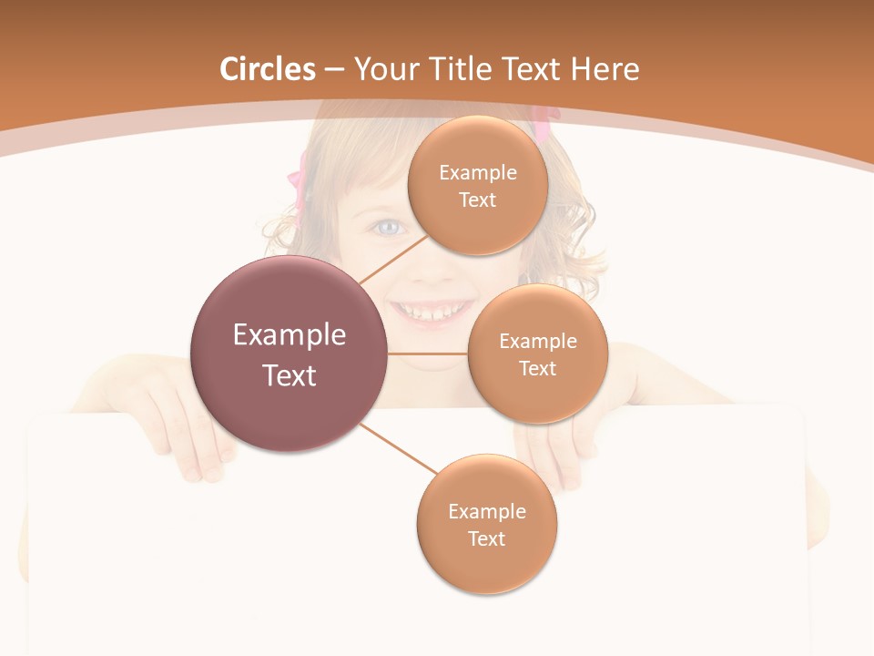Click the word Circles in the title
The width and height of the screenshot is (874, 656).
268,69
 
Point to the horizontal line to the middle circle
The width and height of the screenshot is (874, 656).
427,354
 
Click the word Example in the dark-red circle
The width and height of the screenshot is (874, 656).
289,335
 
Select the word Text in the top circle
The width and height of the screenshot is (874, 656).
477,200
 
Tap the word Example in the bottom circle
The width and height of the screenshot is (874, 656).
486,511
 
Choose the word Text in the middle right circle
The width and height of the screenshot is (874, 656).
537,368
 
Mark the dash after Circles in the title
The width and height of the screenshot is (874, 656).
334,69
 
